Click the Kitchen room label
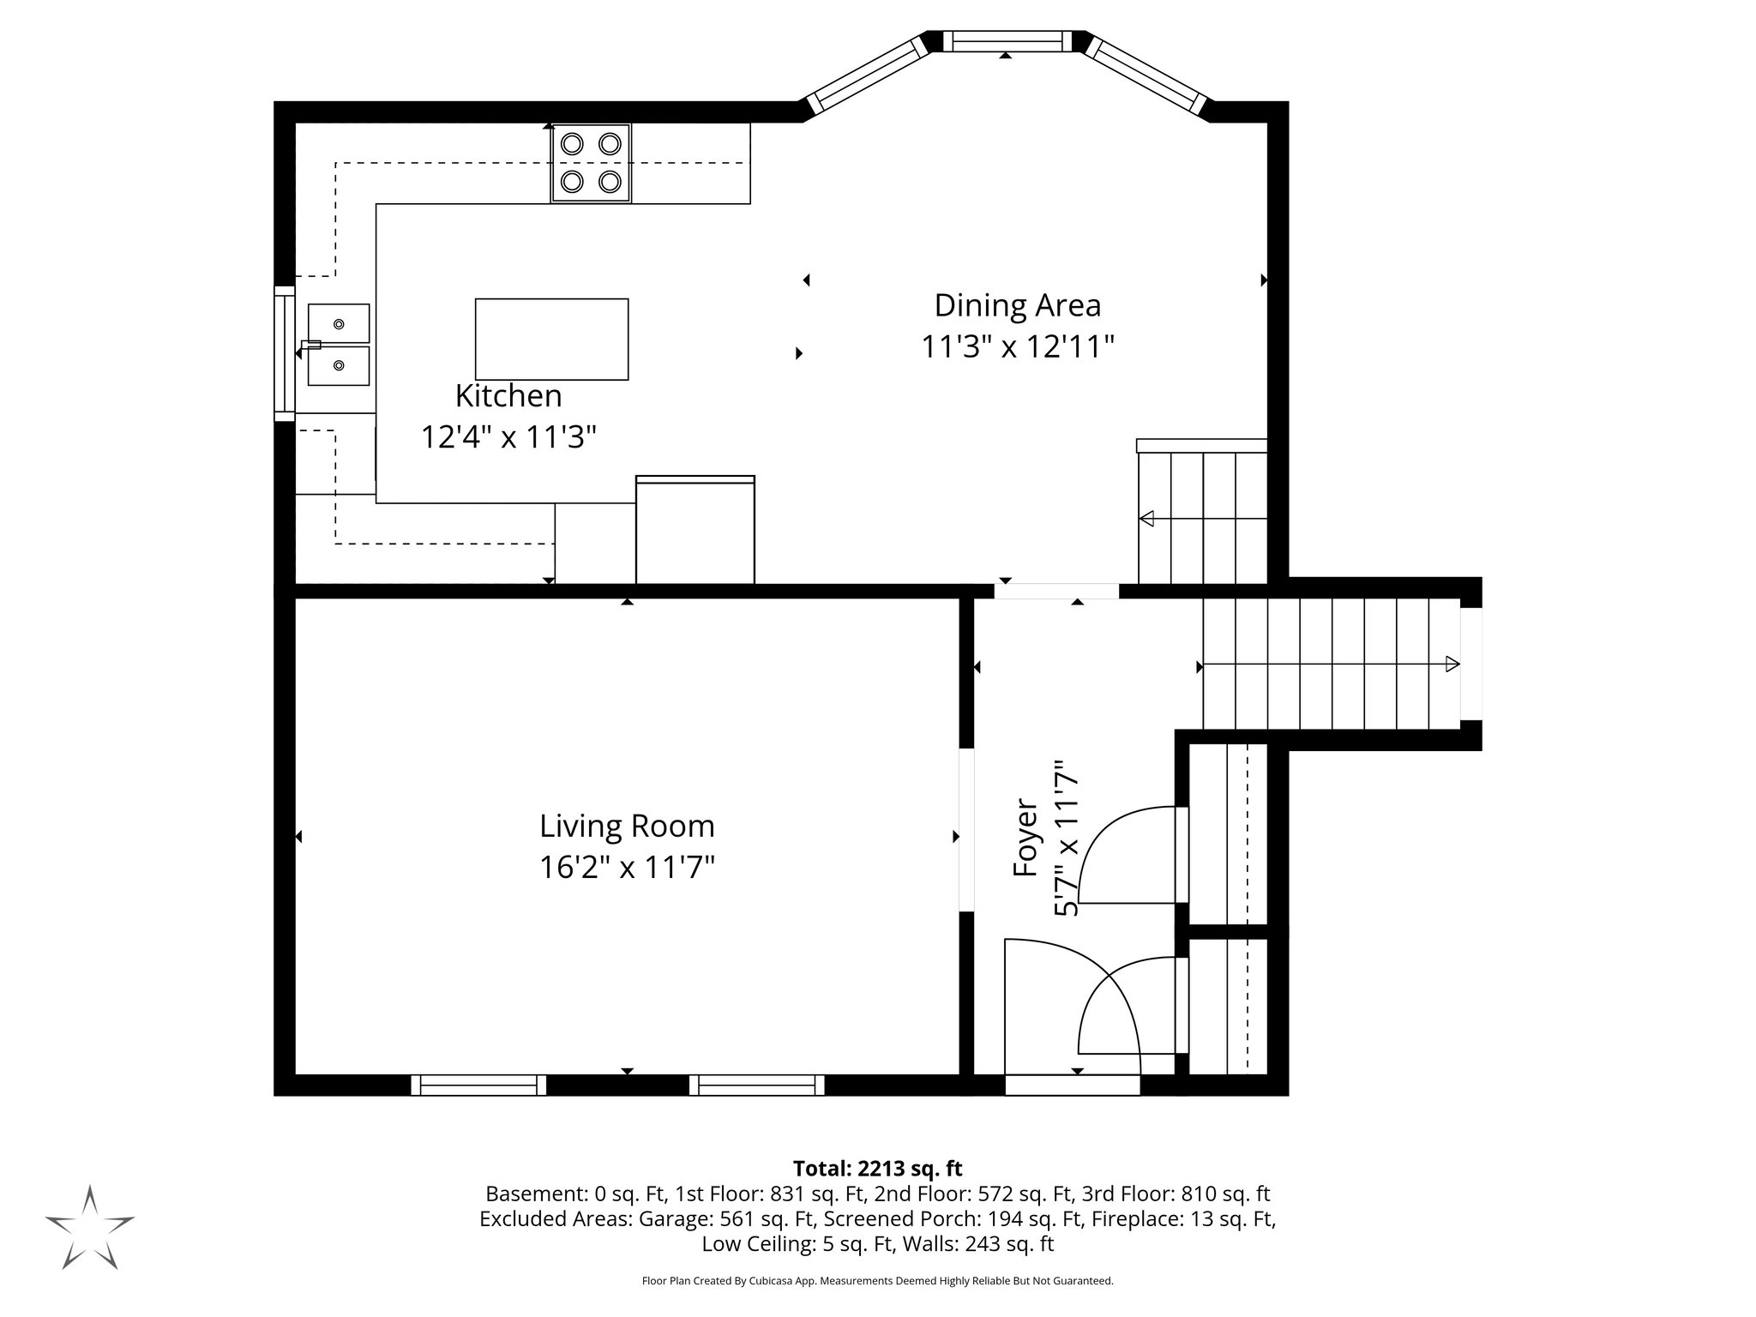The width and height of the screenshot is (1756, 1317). [x=508, y=396]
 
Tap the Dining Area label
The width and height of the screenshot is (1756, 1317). [x=1017, y=305]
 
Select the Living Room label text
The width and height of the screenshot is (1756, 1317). [x=627, y=827]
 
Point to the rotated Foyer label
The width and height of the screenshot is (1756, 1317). [x=1025, y=838]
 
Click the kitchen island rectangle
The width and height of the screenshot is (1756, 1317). [x=551, y=339]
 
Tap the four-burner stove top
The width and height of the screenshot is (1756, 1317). [x=591, y=163]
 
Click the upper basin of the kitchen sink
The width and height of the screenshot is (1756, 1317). [x=339, y=323]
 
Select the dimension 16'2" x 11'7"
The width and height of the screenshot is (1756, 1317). [x=627, y=868]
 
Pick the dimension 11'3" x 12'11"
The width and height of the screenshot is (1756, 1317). [x=1017, y=347]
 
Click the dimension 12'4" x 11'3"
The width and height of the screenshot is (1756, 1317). [x=508, y=437]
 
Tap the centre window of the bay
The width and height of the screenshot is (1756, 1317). [x=1007, y=41]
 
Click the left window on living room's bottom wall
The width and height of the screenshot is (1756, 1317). [x=478, y=1085]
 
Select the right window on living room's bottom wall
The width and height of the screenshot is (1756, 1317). [x=757, y=1085]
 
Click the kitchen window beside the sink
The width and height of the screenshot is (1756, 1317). [x=284, y=353]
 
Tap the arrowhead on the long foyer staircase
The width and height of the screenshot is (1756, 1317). [x=1452, y=664]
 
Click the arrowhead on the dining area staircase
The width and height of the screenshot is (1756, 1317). [x=1146, y=519]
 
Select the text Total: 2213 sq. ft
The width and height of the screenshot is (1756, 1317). [x=877, y=1169]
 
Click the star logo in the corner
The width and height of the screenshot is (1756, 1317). [x=90, y=1228]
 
